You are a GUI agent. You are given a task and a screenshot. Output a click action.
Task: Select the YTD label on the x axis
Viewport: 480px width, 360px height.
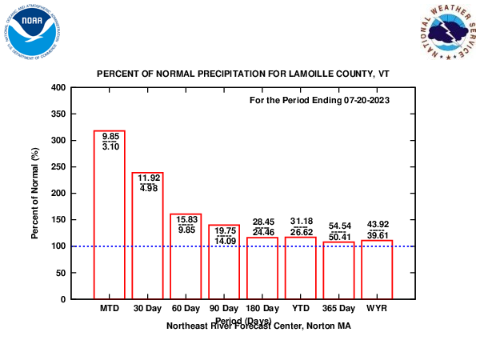pyautogui.click(x=301, y=308)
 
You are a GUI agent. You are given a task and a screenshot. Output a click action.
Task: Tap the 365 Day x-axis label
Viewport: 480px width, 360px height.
pyautogui.click(x=339, y=308)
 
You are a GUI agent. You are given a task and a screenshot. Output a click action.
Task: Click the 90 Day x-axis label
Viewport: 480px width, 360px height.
pyautogui.click(x=224, y=308)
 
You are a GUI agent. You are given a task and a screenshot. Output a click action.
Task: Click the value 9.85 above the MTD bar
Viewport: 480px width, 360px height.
pyautogui.click(x=110, y=137)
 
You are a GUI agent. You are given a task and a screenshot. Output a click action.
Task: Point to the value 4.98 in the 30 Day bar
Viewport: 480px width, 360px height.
pyautogui.click(x=148, y=188)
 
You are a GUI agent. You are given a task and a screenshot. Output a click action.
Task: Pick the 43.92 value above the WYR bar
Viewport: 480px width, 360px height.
pyautogui.click(x=378, y=224)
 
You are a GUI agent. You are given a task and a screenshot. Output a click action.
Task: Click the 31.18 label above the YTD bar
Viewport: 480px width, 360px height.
pyautogui.click(x=301, y=222)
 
